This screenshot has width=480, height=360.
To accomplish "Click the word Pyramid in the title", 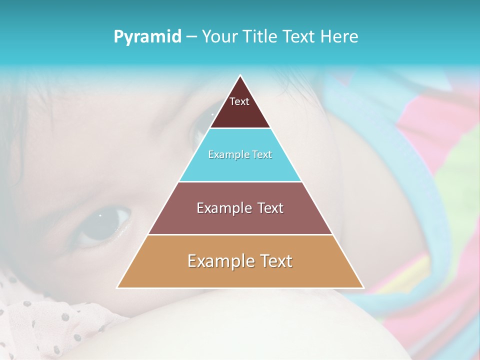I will coord(147,36).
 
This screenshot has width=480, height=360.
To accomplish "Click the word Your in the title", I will coord(219,36).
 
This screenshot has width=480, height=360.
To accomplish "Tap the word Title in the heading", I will coord(259,36).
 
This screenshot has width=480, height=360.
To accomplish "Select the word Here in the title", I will coord(339,36).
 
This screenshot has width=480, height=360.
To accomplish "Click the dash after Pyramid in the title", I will coord(191,37).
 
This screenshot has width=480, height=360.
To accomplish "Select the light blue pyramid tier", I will coord(240,167).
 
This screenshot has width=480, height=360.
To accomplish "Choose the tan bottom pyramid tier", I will coord(240,275).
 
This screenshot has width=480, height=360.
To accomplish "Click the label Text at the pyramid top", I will coord(239,101).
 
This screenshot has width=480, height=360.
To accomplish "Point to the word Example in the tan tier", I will coord(219,261).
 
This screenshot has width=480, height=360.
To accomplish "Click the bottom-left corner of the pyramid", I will coord(117,287).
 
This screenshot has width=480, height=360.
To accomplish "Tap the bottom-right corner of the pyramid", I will coord(363,287).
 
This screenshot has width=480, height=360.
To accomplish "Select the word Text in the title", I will coord(299,36).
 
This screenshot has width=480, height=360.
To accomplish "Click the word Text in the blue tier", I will coord(262,154).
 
